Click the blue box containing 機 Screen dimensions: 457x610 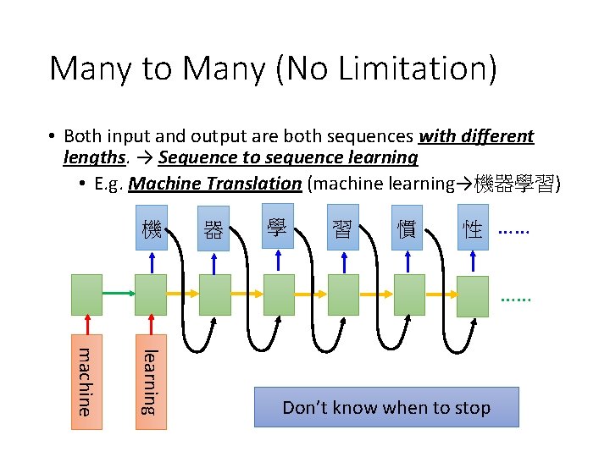(x=152, y=228)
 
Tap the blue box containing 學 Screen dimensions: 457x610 (x=277, y=226)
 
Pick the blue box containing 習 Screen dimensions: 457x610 (x=342, y=228)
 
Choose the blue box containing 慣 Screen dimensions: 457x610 (x=407, y=228)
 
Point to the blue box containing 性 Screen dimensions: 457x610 (x=471, y=227)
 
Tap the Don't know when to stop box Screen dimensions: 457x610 (x=386, y=407)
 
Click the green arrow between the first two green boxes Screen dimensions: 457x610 (x=119, y=293)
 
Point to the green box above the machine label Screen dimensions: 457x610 (x=86, y=294)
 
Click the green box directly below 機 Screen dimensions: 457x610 (x=151, y=294)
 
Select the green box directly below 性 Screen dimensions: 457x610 (x=472, y=295)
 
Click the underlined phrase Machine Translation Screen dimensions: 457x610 (x=215, y=183)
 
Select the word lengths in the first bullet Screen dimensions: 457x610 (x=93, y=157)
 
